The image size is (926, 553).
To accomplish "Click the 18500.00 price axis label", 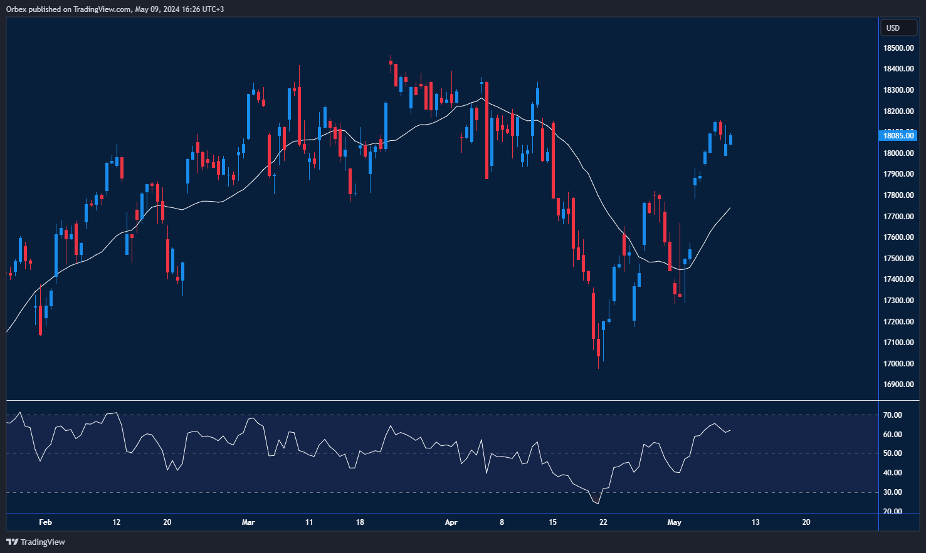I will [898, 48].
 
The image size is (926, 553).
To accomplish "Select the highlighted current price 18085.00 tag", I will [898, 135].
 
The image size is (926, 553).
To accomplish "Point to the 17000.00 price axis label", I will [898, 364].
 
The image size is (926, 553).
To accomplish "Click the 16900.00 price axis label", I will [898, 385].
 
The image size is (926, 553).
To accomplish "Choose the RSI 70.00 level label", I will [893, 415].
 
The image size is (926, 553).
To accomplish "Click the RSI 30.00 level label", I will [893, 492].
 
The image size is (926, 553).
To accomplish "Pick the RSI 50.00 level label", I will [893, 453].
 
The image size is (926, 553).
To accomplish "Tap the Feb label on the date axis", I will [45, 522].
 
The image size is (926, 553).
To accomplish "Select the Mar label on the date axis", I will [248, 522].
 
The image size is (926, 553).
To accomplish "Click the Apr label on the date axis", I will [451, 522].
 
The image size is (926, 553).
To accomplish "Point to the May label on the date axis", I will [674, 522].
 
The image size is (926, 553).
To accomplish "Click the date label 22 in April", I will [603, 522].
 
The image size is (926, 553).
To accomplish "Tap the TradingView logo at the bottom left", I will [36, 542].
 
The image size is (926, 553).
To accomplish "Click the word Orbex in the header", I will [16, 9].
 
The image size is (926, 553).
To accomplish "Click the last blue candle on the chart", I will [730, 140].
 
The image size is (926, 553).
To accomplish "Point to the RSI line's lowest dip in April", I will [597, 503].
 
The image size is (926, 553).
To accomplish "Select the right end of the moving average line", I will [730, 208].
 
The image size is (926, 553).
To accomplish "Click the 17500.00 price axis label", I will [898, 259].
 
